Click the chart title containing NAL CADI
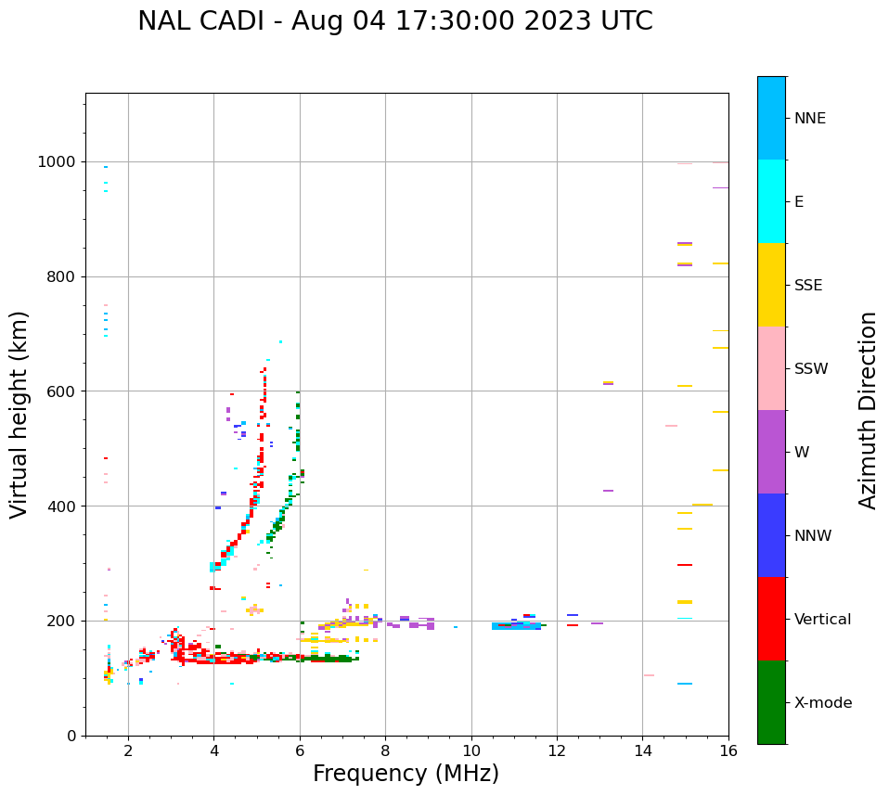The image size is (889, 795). pyautogui.click(x=394, y=21)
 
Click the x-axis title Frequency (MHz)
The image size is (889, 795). pyautogui.click(x=406, y=774)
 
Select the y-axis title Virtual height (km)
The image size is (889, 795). pyautogui.click(x=19, y=414)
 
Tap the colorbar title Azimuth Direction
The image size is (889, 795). pyautogui.click(x=868, y=410)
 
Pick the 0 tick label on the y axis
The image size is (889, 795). pyautogui.click(x=72, y=736)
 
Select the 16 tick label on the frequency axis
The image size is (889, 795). pyautogui.click(x=728, y=750)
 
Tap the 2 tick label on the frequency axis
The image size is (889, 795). pyautogui.click(x=128, y=750)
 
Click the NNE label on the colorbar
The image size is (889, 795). pyautogui.click(x=809, y=119)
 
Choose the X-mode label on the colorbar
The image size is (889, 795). pyautogui.click(x=822, y=703)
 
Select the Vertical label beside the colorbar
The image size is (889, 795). pyautogui.click(x=822, y=620)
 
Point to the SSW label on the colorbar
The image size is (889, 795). pyautogui.click(x=811, y=369)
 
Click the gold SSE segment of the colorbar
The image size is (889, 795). pyautogui.click(x=771, y=285)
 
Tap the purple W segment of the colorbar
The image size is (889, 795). pyautogui.click(x=771, y=452)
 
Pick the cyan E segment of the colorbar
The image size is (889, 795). pyautogui.click(x=771, y=201)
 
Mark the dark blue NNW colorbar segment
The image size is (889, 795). pyautogui.click(x=771, y=535)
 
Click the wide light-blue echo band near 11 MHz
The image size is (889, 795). pyautogui.click(x=516, y=626)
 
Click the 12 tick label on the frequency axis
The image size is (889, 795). pyautogui.click(x=557, y=750)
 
